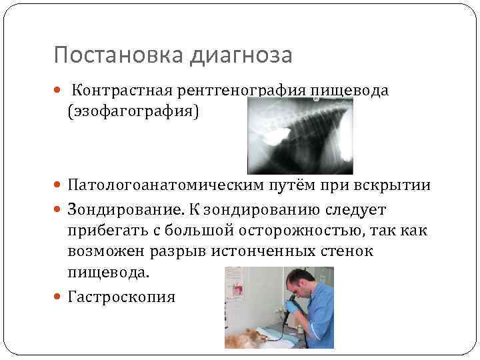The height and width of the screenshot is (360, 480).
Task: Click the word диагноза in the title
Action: pyautogui.click(x=241, y=55)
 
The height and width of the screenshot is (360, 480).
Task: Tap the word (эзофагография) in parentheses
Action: pyautogui.click(x=133, y=111)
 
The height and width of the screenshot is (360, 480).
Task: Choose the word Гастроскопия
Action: pyautogui.click(x=121, y=297)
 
